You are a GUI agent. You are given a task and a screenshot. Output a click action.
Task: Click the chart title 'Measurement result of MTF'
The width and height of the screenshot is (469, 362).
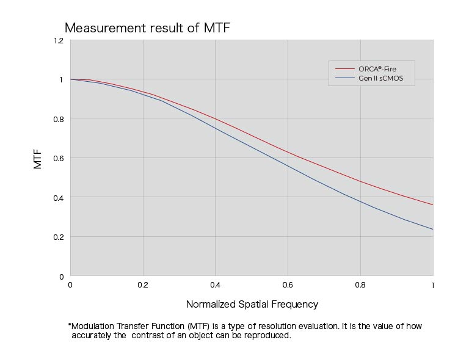coord(147,28)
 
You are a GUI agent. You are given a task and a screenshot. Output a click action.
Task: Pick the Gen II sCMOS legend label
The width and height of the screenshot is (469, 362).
coord(381,79)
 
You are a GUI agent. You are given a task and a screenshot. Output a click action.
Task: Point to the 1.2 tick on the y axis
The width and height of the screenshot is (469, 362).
coord(59,40)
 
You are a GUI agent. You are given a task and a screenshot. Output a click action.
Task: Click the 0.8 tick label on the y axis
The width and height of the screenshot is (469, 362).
coord(59,119)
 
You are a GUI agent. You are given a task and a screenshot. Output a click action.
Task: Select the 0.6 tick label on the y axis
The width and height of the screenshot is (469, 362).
coord(59,158)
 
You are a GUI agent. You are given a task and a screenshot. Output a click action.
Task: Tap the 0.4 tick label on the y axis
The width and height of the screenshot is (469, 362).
coord(59,198)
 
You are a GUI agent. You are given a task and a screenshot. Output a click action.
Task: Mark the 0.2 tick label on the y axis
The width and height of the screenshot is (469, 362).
coord(59,237)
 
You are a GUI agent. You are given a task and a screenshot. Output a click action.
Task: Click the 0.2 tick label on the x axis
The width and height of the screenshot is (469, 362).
coord(143,285)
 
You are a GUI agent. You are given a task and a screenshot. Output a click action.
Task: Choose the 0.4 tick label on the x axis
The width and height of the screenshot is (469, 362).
coord(216,285)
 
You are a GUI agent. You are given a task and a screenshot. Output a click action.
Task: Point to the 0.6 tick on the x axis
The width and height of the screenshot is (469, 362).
coord(288,285)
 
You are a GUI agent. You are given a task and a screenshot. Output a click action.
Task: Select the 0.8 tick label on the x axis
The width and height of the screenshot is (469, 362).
coord(361,285)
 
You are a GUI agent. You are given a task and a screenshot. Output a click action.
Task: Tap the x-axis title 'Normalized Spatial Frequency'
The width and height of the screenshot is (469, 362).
coord(252,304)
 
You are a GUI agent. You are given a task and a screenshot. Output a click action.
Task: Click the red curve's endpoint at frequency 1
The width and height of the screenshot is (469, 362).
coord(433,205)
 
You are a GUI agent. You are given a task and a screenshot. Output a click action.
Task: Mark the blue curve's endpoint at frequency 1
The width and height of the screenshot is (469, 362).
coord(433,230)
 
